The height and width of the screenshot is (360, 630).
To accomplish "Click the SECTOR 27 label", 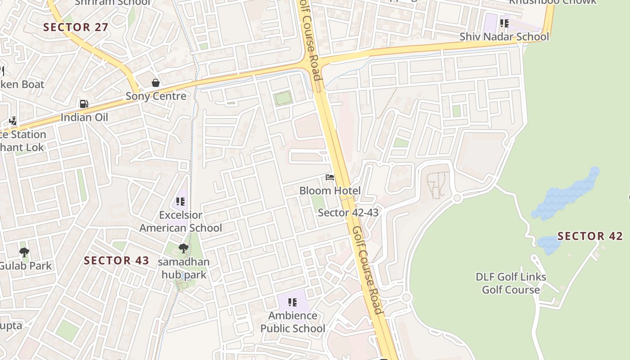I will pos(76,27).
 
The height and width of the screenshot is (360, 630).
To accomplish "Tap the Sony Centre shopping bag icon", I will pos(156,83).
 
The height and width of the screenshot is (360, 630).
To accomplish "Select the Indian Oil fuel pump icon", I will pos(84,104).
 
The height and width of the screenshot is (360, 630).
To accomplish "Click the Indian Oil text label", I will pos(84,117).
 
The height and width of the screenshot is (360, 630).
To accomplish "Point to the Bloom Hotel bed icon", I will pos(330,178).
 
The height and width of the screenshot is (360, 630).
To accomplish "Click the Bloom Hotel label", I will pos(330,191).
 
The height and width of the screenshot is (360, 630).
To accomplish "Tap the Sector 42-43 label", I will pos(348,212).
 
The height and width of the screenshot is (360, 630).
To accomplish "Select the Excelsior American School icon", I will pos(180,202).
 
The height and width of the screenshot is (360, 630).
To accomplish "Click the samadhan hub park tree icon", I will pos(183,248).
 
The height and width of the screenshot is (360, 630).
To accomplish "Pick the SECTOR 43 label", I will pos(117,260).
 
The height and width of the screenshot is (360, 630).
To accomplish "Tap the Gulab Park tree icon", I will pos(24,252).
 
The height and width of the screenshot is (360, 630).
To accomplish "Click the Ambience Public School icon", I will pos(292,302).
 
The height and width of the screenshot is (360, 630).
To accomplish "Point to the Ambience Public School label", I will pos(292,322).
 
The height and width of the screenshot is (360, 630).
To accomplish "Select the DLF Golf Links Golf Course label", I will pos(511,283).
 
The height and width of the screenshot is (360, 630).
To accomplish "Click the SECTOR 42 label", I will pos(590,236).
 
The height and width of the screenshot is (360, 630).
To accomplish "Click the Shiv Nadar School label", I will pos(504,36).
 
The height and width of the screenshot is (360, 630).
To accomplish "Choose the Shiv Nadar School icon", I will pos(504,23).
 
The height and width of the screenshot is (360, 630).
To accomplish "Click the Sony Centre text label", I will pos(156,96).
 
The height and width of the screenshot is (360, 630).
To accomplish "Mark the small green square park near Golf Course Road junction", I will pos(283,98).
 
